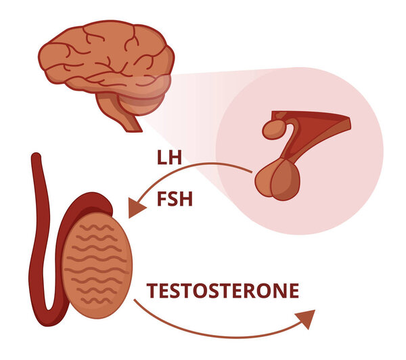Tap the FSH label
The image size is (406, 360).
click(x=171, y=200)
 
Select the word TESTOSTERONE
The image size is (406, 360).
click(x=223, y=291)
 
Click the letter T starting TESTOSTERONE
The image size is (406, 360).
click(x=152, y=291)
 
